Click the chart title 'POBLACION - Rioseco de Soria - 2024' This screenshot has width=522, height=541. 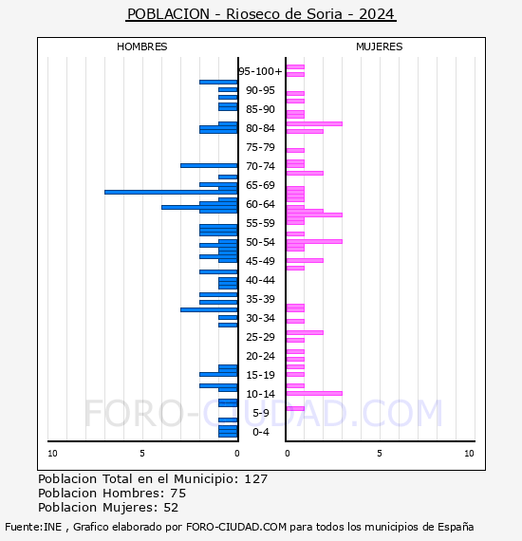tap(261, 14)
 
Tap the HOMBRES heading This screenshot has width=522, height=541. tap(141, 47)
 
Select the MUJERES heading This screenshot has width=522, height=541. tap(380, 47)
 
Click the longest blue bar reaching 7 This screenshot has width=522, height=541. tap(171, 192)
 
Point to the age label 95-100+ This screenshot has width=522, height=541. tap(260, 71)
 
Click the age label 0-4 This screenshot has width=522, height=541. tap(260, 432)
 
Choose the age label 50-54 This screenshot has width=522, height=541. tap(260, 242)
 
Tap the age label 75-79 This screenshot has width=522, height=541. tap(260, 147)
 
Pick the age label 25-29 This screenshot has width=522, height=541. tap(260, 337)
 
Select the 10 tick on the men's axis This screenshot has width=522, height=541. tap(52, 454)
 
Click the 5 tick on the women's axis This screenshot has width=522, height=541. tap(380, 454)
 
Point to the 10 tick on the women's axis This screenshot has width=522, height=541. tap(469, 454)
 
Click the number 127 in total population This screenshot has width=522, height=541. tap(255, 479)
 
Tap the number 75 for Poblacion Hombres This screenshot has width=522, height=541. tap(178, 494)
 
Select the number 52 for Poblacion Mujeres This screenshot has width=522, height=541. tap(171, 508)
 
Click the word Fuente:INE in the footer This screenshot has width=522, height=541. tap(33, 527)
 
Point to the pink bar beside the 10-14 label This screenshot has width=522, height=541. tap(314, 393)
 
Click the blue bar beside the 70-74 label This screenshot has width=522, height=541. tap(209, 165)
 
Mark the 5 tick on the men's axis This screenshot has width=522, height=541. tap(142, 454)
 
